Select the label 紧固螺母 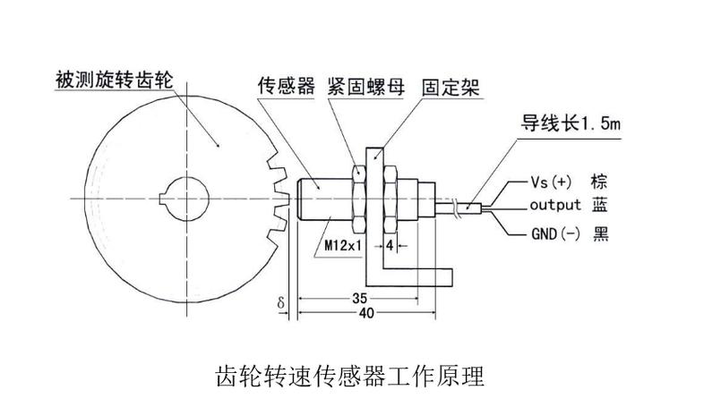point(364,87)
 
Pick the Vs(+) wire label point(551,182)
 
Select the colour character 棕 point(599,182)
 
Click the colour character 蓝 point(599,206)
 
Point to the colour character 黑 point(599,234)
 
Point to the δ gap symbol point(281,304)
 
